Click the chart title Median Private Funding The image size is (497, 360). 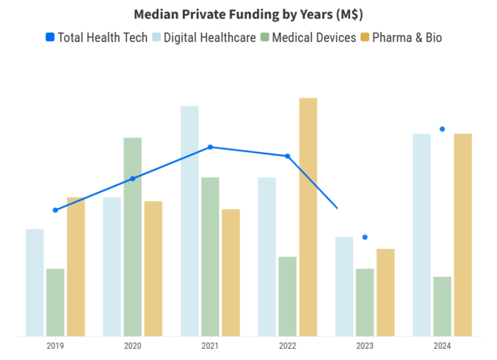point(248,15)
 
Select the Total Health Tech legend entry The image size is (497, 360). point(97,37)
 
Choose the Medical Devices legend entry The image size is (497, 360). point(308,37)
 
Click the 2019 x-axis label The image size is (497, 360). point(55,346)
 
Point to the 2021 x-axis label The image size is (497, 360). point(210,346)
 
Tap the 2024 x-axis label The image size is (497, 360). point(442,346)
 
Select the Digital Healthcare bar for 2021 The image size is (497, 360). point(189,221)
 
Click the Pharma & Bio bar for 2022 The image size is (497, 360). point(308,217)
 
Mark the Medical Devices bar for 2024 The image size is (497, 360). point(442,306)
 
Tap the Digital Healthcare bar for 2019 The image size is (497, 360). point(35,283)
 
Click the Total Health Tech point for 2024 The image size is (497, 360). point(442,129)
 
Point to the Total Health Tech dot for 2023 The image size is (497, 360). point(365,237)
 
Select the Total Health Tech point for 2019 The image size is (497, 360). point(55,210)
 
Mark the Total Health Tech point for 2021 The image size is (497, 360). point(210,147)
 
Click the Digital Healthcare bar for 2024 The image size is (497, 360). point(422,235)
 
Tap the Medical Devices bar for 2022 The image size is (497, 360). point(288,296)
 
